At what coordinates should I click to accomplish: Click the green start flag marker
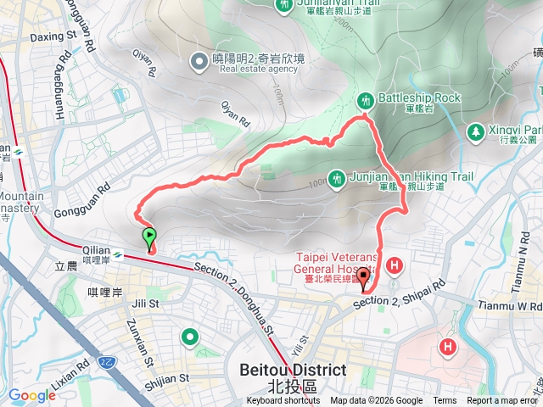click(149, 237)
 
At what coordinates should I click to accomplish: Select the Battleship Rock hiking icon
click(366, 99)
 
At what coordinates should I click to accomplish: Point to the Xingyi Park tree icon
click(475, 131)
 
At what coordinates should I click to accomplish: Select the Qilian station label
click(96, 252)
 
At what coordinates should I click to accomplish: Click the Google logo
click(31, 395)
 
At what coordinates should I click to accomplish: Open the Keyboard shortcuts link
click(283, 401)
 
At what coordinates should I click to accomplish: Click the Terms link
click(445, 401)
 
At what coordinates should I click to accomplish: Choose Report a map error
click(502, 401)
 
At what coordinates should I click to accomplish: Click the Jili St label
click(146, 303)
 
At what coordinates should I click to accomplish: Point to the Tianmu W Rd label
click(514, 304)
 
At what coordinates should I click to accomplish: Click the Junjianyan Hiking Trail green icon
click(338, 179)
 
